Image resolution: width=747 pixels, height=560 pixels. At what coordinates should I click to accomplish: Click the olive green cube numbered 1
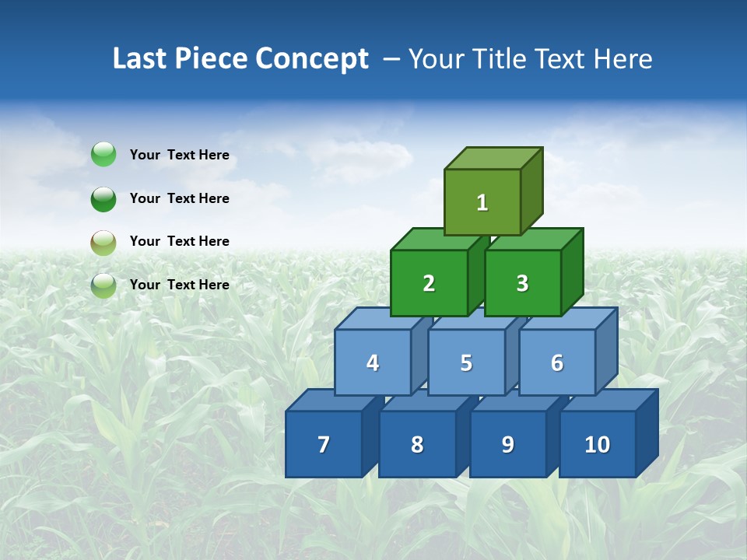coord(482,202)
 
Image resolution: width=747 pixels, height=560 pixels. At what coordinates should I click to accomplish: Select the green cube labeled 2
coord(429,283)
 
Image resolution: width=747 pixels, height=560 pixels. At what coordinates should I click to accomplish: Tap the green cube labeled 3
coord(522,283)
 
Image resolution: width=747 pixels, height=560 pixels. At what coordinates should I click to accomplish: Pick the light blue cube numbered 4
coord(373,362)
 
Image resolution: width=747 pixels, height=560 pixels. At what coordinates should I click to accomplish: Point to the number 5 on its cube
coord(466,363)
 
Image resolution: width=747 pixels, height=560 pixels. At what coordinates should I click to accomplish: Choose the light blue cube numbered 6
coord(556,362)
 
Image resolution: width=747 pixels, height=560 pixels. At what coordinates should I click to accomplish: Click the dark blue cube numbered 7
coord(324,444)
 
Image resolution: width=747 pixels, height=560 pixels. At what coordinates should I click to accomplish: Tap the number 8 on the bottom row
coord(417,445)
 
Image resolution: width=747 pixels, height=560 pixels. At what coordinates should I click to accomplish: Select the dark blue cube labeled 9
coord(507,444)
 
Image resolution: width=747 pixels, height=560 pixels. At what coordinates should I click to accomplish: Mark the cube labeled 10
coord(597,444)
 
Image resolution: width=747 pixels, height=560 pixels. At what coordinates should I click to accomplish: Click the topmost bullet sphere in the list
coord(103,155)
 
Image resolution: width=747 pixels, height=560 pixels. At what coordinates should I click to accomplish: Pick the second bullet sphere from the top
coord(103,198)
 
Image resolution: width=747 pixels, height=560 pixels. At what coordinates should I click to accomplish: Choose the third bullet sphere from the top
coord(103,242)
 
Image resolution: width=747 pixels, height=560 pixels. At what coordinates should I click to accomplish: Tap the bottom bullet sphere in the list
coord(103,285)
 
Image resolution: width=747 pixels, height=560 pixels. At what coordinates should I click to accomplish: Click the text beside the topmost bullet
coord(179,155)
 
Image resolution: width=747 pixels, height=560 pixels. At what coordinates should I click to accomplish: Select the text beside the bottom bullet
coord(179,285)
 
